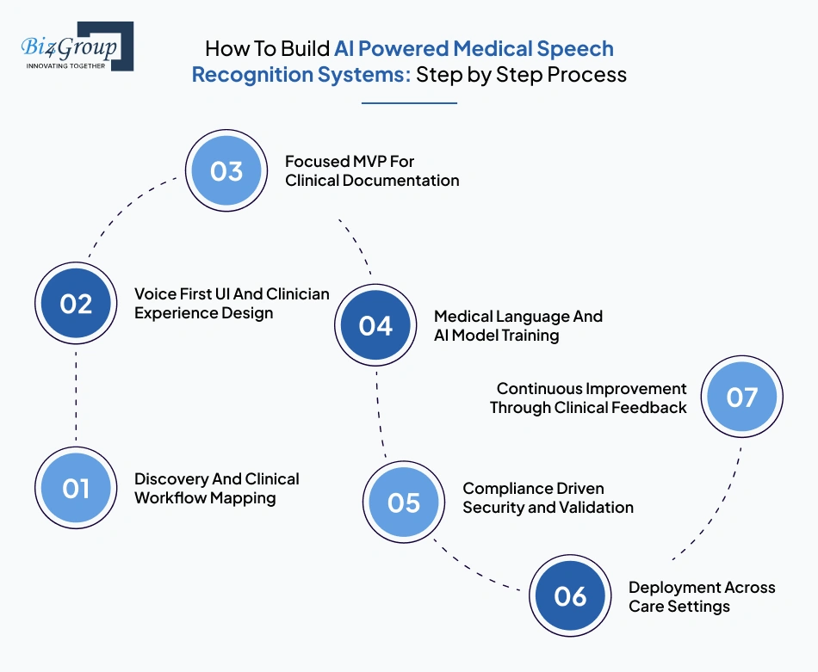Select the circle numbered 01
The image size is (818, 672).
[x=76, y=489]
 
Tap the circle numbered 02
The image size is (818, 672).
[x=76, y=304]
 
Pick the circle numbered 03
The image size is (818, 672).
[x=226, y=171]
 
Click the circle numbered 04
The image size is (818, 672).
[x=375, y=325]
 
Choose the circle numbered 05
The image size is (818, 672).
[x=403, y=502]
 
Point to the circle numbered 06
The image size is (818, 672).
[x=569, y=596]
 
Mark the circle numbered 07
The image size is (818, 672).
[x=741, y=398]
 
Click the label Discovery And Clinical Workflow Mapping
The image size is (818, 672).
[x=217, y=489]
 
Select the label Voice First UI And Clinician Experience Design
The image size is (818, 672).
[x=232, y=304]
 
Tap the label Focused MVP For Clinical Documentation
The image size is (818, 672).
[x=372, y=171]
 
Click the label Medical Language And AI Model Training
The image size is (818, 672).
[x=518, y=325]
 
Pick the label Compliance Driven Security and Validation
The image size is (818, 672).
[x=548, y=497]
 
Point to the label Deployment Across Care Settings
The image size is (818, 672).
[x=701, y=596]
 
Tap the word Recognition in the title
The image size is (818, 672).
[x=247, y=75]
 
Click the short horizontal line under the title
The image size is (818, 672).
[x=409, y=103]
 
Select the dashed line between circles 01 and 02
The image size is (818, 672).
[x=76, y=397]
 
